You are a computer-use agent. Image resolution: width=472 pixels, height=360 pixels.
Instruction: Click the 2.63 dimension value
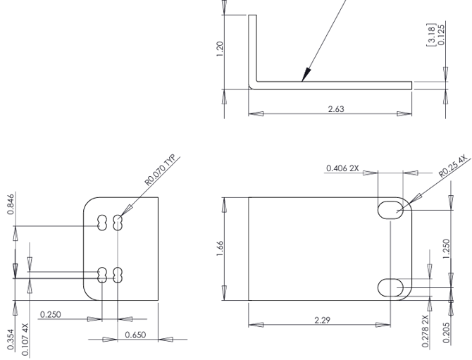pyautogui.click(x=336, y=108)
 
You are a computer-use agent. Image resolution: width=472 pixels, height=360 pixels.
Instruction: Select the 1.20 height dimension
pyautogui.click(x=221, y=49)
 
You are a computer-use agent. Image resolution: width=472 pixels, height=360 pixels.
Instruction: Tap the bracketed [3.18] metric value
pyautogui.click(x=432, y=32)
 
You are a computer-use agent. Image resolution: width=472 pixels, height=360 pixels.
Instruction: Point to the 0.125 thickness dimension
pyautogui.click(x=442, y=33)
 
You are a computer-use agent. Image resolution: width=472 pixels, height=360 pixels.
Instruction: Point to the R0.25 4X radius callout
pyautogui.click(x=452, y=166)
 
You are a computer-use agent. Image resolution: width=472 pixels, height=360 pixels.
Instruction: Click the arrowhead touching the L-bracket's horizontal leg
pyautogui.click(x=305, y=75)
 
